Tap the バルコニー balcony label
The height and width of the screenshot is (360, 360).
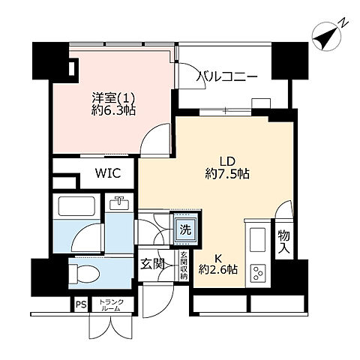coord(226,76)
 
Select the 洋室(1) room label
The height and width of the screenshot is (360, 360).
coord(113,97)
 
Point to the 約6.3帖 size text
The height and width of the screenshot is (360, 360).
coord(113,110)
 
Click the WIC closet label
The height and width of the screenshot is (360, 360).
coord(108,173)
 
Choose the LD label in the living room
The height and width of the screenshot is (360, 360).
coord(227,161)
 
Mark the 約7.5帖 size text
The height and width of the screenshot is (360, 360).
coord(227,174)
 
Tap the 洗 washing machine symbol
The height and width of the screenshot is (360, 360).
coord(185,229)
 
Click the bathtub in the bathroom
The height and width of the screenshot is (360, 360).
coord(76,206)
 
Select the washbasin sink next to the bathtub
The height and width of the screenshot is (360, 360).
coord(119,203)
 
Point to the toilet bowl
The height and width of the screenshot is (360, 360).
coord(84,274)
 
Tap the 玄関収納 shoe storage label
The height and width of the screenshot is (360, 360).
coord(184,265)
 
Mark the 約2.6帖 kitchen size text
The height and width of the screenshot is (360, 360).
coord(218,269)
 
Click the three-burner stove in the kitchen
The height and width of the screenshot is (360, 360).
coord(257,273)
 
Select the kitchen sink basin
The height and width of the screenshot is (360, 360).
coord(257,240)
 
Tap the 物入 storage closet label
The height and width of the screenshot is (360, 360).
coord(283,241)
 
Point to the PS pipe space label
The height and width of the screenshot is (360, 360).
coord(81,304)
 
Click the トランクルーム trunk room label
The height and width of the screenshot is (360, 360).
coord(112,305)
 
